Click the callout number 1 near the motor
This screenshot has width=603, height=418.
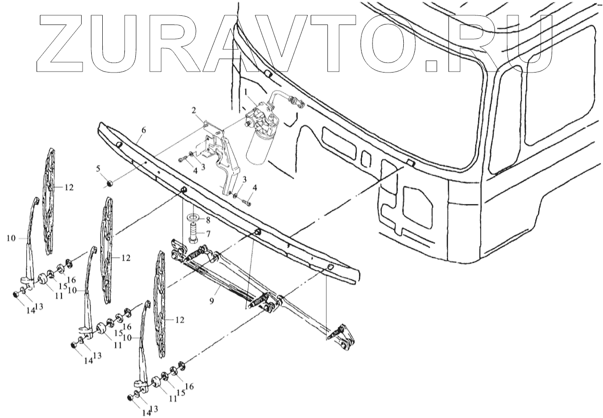245,92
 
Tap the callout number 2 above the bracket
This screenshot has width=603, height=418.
193,111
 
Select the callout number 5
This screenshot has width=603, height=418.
98,169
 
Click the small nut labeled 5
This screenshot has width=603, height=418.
109,183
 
